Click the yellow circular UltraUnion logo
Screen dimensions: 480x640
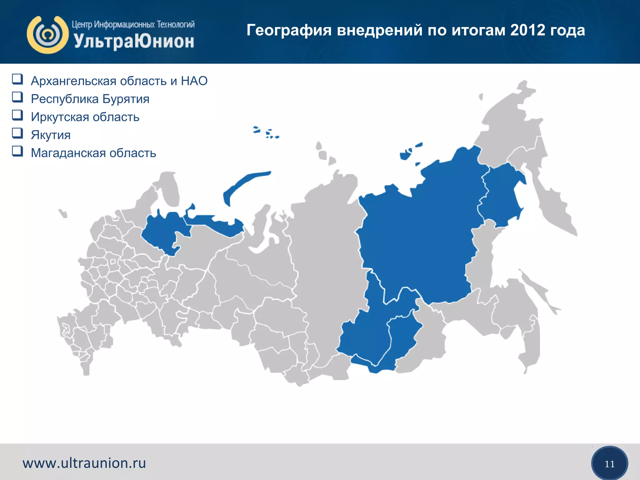point(47,35)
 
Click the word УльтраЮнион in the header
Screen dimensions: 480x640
point(134,41)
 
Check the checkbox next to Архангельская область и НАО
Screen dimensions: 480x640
point(17,79)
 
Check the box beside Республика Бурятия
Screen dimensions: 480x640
point(17,97)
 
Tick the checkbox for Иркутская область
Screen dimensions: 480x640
point(17,115)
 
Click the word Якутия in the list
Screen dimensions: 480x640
point(51,135)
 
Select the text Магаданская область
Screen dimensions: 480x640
point(93,153)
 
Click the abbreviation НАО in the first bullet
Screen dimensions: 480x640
point(194,81)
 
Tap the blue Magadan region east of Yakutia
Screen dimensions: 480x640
point(500,197)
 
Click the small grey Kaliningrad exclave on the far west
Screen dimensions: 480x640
point(63,213)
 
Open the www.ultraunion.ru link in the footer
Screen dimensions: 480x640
point(84,463)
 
